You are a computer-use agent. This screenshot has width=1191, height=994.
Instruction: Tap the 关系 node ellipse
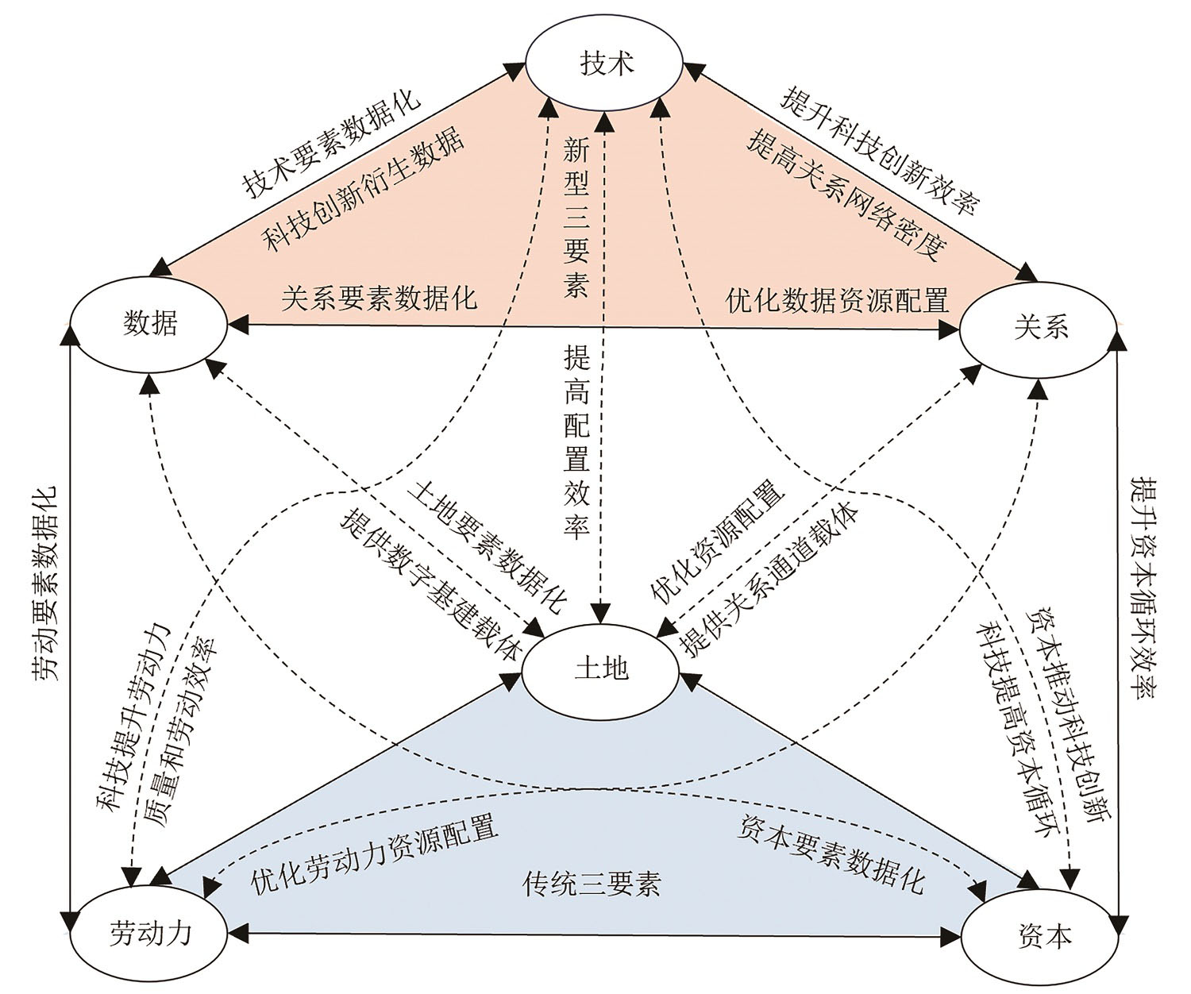click(1040, 326)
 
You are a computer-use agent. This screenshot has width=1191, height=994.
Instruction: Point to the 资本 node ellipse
click(1043, 935)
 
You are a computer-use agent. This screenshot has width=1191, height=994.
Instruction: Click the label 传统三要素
click(592, 883)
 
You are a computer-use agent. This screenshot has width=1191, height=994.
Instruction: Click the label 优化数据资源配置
click(837, 300)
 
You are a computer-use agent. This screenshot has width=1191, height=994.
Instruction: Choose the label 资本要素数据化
click(831, 854)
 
